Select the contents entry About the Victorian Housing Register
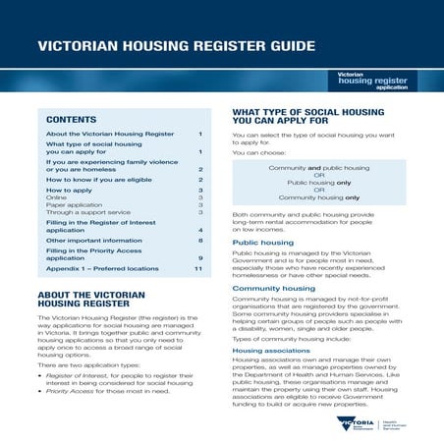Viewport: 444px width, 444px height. pos(110,134)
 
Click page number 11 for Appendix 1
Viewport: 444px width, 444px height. pos(197,268)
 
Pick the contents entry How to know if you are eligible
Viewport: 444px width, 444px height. pos(109,181)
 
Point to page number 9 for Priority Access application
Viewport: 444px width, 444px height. pos(199,257)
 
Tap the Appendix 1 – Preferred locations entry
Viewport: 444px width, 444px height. pos(102,268)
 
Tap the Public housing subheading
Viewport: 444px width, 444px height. pos(259,242)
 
